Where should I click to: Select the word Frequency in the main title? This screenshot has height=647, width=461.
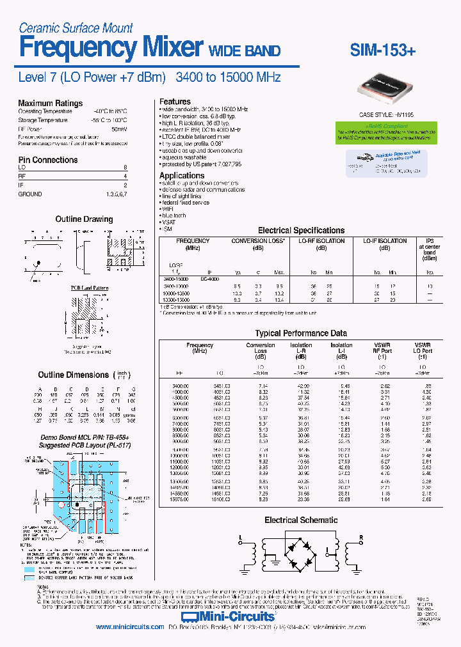click(x=77, y=48)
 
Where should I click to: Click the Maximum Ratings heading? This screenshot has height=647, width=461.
click(x=50, y=103)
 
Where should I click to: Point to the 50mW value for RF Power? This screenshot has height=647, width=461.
click(x=119, y=129)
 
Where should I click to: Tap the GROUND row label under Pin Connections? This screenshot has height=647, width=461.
click(x=30, y=194)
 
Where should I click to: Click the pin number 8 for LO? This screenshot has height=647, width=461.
click(x=125, y=167)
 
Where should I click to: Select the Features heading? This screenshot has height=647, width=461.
click(x=175, y=102)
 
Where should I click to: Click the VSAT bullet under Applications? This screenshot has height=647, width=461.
click(x=169, y=222)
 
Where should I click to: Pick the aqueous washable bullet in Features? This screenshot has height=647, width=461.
click(x=184, y=157)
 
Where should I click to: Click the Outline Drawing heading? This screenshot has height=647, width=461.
click(x=84, y=219)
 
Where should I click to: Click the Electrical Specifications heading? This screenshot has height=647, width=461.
click(x=301, y=230)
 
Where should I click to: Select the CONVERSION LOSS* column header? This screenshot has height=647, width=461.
click(x=258, y=241)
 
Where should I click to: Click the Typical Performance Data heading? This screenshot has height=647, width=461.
click(x=301, y=333)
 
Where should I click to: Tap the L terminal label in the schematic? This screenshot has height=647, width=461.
click(x=241, y=537)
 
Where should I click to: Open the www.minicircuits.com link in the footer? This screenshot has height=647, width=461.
click(x=130, y=627)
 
